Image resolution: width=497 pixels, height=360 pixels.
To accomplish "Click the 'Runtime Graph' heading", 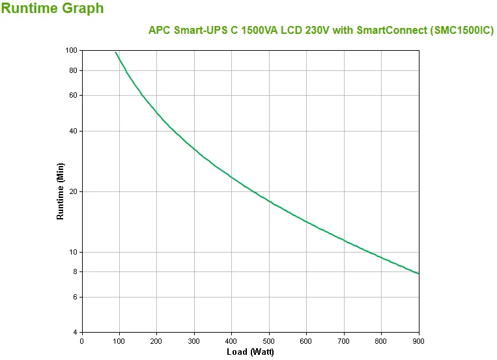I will pyautogui.click(x=52, y=9).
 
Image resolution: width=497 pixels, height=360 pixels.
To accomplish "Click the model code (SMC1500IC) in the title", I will pyautogui.click(x=457, y=31).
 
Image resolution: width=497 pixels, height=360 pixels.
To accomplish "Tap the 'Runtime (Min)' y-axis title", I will pyautogui.click(x=61, y=191).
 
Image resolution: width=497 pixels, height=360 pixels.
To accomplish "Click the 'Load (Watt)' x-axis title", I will pyautogui.click(x=250, y=352).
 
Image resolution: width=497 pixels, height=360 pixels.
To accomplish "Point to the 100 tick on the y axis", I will pyautogui.click(x=71, y=50).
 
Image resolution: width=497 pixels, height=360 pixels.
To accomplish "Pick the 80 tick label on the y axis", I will pyautogui.click(x=73, y=70).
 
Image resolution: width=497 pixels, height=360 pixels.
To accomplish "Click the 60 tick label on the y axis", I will pyautogui.click(x=73, y=95).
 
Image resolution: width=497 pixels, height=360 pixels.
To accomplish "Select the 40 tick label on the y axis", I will pyautogui.click(x=73, y=131).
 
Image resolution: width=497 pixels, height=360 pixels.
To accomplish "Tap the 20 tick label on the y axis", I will pyautogui.click(x=73, y=191).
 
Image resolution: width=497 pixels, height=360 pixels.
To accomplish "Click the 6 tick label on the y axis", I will pyautogui.click(x=75, y=297).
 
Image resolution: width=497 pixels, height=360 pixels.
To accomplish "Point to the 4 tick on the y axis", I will pyautogui.click(x=75, y=333).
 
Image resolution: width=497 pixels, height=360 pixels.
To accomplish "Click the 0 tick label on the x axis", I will pyautogui.click(x=81, y=340).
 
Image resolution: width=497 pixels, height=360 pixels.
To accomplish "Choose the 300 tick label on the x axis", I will pyautogui.click(x=194, y=340).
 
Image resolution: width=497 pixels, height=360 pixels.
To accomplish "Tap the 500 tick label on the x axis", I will pyautogui.click(x=269, y=340).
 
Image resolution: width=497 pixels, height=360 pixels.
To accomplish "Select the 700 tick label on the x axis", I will pyautogui.click(x=344, y=340).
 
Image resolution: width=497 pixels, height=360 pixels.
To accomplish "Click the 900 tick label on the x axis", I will pyautogui.click(x=419, y=340).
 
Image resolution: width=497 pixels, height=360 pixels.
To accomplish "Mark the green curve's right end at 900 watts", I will pyautogui.click(x=419, y=273).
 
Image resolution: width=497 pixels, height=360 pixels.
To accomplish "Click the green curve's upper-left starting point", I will pyautogui.click(x=115, y=52).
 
